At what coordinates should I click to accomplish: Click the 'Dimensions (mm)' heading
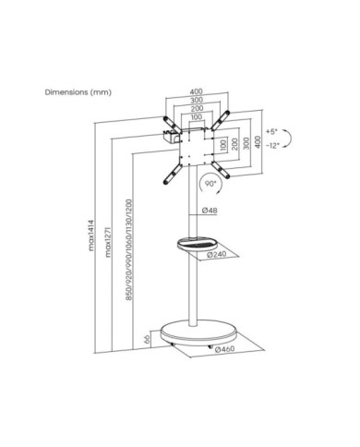point(78,92)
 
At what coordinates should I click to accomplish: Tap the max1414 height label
point(91,235)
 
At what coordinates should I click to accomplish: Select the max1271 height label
point(108,242)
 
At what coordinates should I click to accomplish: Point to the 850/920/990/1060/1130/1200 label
point(129,250)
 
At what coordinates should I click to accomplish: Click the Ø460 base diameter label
point(224,349)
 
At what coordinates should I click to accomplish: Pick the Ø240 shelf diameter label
point(217,254)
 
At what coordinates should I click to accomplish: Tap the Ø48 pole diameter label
point(210,211)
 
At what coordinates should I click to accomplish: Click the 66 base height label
point(147,339)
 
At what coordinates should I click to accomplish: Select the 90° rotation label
point(210,184)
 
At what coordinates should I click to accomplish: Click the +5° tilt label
point(271,132)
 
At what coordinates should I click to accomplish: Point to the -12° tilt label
point(272,146)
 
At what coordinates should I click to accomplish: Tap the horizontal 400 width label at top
point(196,91)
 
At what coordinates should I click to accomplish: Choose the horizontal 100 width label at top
point(197,116)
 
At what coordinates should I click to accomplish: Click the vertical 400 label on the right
point(258,142)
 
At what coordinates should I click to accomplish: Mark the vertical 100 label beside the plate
point(223,144)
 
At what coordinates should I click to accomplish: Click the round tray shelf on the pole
point(198,244)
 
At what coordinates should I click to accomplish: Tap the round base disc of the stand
point(198,332)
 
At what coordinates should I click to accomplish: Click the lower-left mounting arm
point(173,174)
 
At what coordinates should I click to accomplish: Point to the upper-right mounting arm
point(220,120)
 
